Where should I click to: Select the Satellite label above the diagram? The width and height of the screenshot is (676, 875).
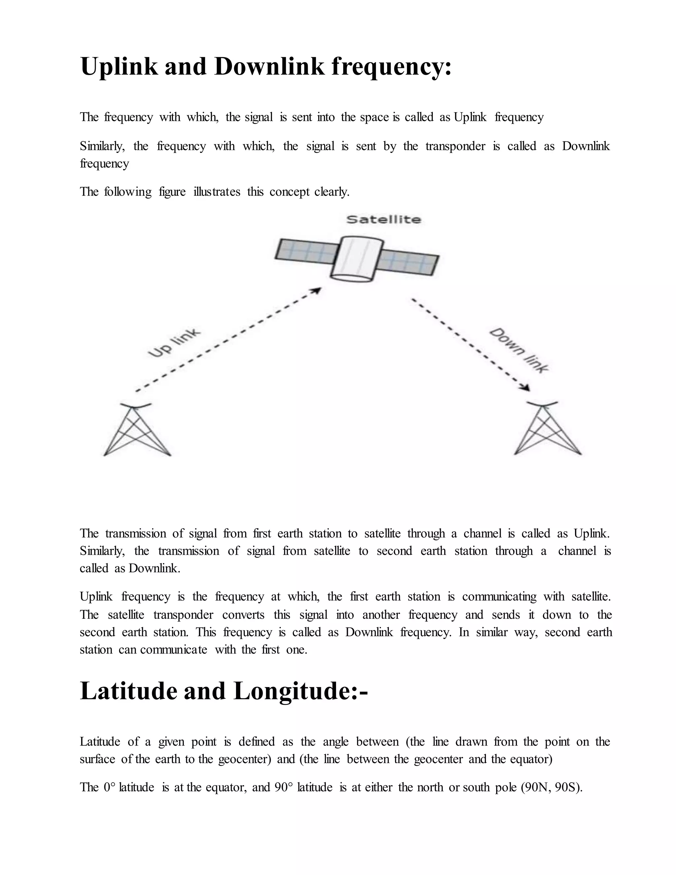[x=383, y=220]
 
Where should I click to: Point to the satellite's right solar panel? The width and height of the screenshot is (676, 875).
[x=409, y=263]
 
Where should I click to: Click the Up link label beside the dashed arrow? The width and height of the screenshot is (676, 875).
[x=174, y=343]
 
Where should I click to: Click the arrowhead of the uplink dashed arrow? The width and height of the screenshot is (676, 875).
[x=317, y=290]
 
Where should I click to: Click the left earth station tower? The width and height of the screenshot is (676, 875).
[x=137, y=430]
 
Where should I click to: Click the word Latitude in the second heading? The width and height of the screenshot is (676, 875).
[x=128, y=691]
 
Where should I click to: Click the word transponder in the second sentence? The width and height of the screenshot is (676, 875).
[x=455, y=146]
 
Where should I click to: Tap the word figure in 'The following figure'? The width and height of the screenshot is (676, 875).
[x=172, y=192]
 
